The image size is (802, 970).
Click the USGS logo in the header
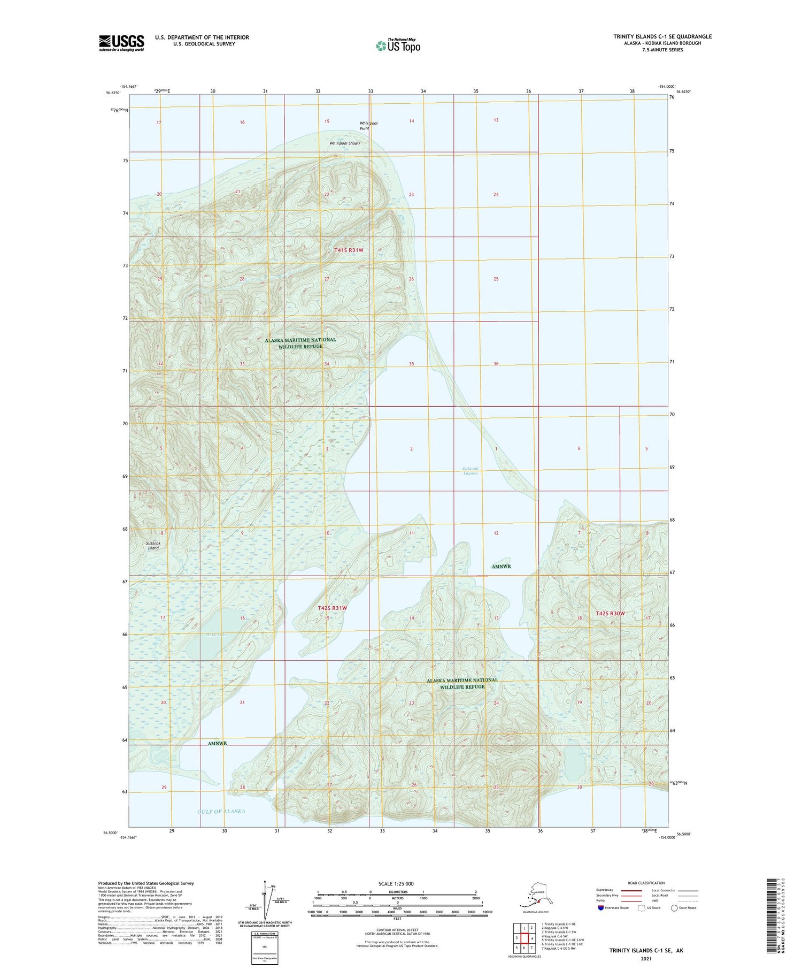click(121, 43)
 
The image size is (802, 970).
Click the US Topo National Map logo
click(398, 45)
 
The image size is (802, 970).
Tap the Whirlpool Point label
click(368, 126)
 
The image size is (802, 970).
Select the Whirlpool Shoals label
click(344, 143)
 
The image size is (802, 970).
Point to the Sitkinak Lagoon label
click(471, 471)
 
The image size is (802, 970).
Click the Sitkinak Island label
click(153, 545)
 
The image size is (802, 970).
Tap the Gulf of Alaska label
click(221, 811)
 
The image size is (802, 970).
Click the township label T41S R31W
click(349, 250)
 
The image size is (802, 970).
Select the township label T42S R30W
click(610, 613)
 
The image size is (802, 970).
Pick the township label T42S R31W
click(332, 608)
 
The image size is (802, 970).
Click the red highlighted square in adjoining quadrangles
click(525, 938)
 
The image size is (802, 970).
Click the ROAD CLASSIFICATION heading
click(646, 883)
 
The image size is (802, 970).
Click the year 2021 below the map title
click(646, 958)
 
